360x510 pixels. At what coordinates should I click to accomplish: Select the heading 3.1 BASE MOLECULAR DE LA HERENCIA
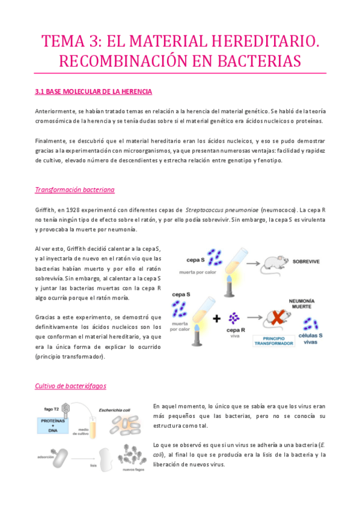click(x=94, y=91)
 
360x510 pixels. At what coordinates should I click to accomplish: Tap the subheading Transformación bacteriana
click(x=75, y=189)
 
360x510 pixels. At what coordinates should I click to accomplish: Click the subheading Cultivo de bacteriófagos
click(x=71, y=385)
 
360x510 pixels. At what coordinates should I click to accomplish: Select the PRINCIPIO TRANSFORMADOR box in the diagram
click(x=273, y=340)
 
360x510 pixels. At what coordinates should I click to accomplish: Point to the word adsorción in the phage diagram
click(x=47, y=456)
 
